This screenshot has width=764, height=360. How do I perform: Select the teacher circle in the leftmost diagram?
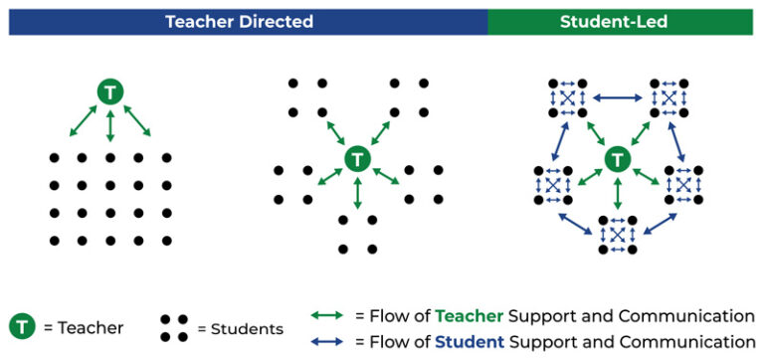click(x=110, y=92)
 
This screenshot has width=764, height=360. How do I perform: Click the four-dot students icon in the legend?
click(x=174, y=327)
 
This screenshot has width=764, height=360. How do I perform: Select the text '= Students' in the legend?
click(x=240, y=328)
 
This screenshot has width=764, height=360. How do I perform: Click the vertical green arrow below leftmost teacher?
click(x=110, y=126)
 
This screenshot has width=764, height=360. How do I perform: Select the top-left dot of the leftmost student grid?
click(x=54, y=158)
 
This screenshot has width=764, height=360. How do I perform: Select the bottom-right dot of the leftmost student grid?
click(x=166, y=240)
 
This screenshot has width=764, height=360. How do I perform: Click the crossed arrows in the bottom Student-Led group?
click(x=617, y=234)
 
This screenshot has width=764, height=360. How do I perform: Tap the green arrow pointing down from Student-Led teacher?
click(x=617, y=192)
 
